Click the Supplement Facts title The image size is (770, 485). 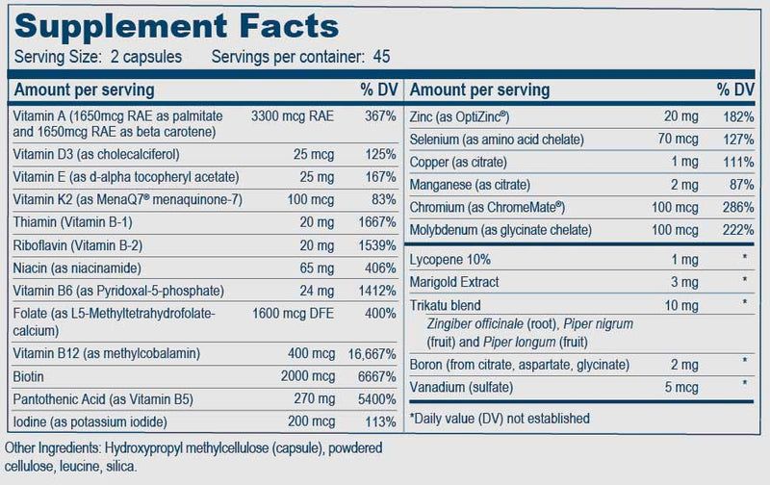pyautogui.click(x=173, y=21)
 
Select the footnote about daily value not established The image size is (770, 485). pyautogui.click(x=500, y=419)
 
